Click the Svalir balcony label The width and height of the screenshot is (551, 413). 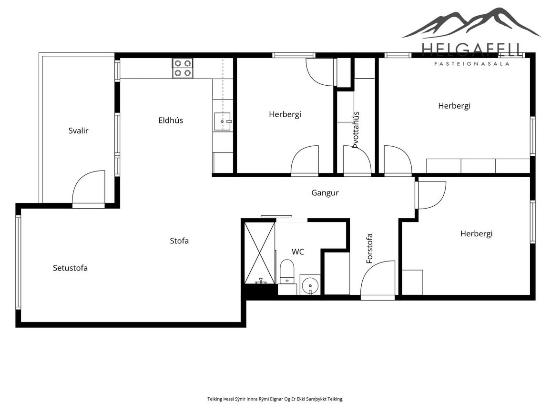(x=78, y=131)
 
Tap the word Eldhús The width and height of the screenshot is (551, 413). (x=171, y=121)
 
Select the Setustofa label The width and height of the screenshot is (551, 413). (x=70, y=268)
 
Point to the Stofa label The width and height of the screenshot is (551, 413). (x=179, y=241)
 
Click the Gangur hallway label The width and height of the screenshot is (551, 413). (x=325, y=193)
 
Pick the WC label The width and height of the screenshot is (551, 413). (x=297, y=252)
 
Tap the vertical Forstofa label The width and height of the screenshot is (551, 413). (x=369, y=249)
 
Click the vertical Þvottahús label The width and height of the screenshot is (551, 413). (x=356, y=130)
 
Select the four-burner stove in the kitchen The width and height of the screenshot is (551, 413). (x=183, y=68)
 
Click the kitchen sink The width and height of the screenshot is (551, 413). (x=222, y=121)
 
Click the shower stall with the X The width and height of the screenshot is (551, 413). (x=260, y=252)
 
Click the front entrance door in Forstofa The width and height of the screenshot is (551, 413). (x=378, y=280)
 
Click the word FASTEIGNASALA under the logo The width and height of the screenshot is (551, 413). (x=472, y=64)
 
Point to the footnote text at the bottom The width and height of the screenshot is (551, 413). (x=275, y=399)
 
